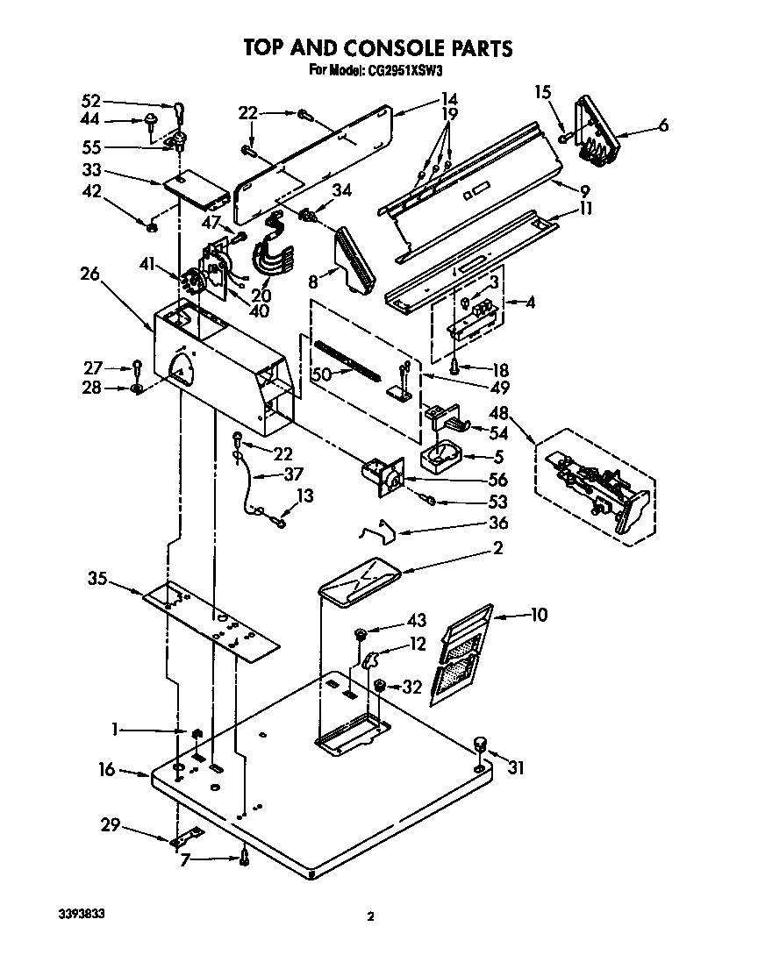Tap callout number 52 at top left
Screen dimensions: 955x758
coord(91,100)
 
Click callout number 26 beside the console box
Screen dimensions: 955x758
coord(89,274)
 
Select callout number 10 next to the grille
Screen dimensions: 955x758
coord(538,616)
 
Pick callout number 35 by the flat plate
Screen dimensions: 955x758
coord(97,577)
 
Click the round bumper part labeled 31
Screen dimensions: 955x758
coord(480,745)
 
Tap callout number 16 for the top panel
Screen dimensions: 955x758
coord(106,769)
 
